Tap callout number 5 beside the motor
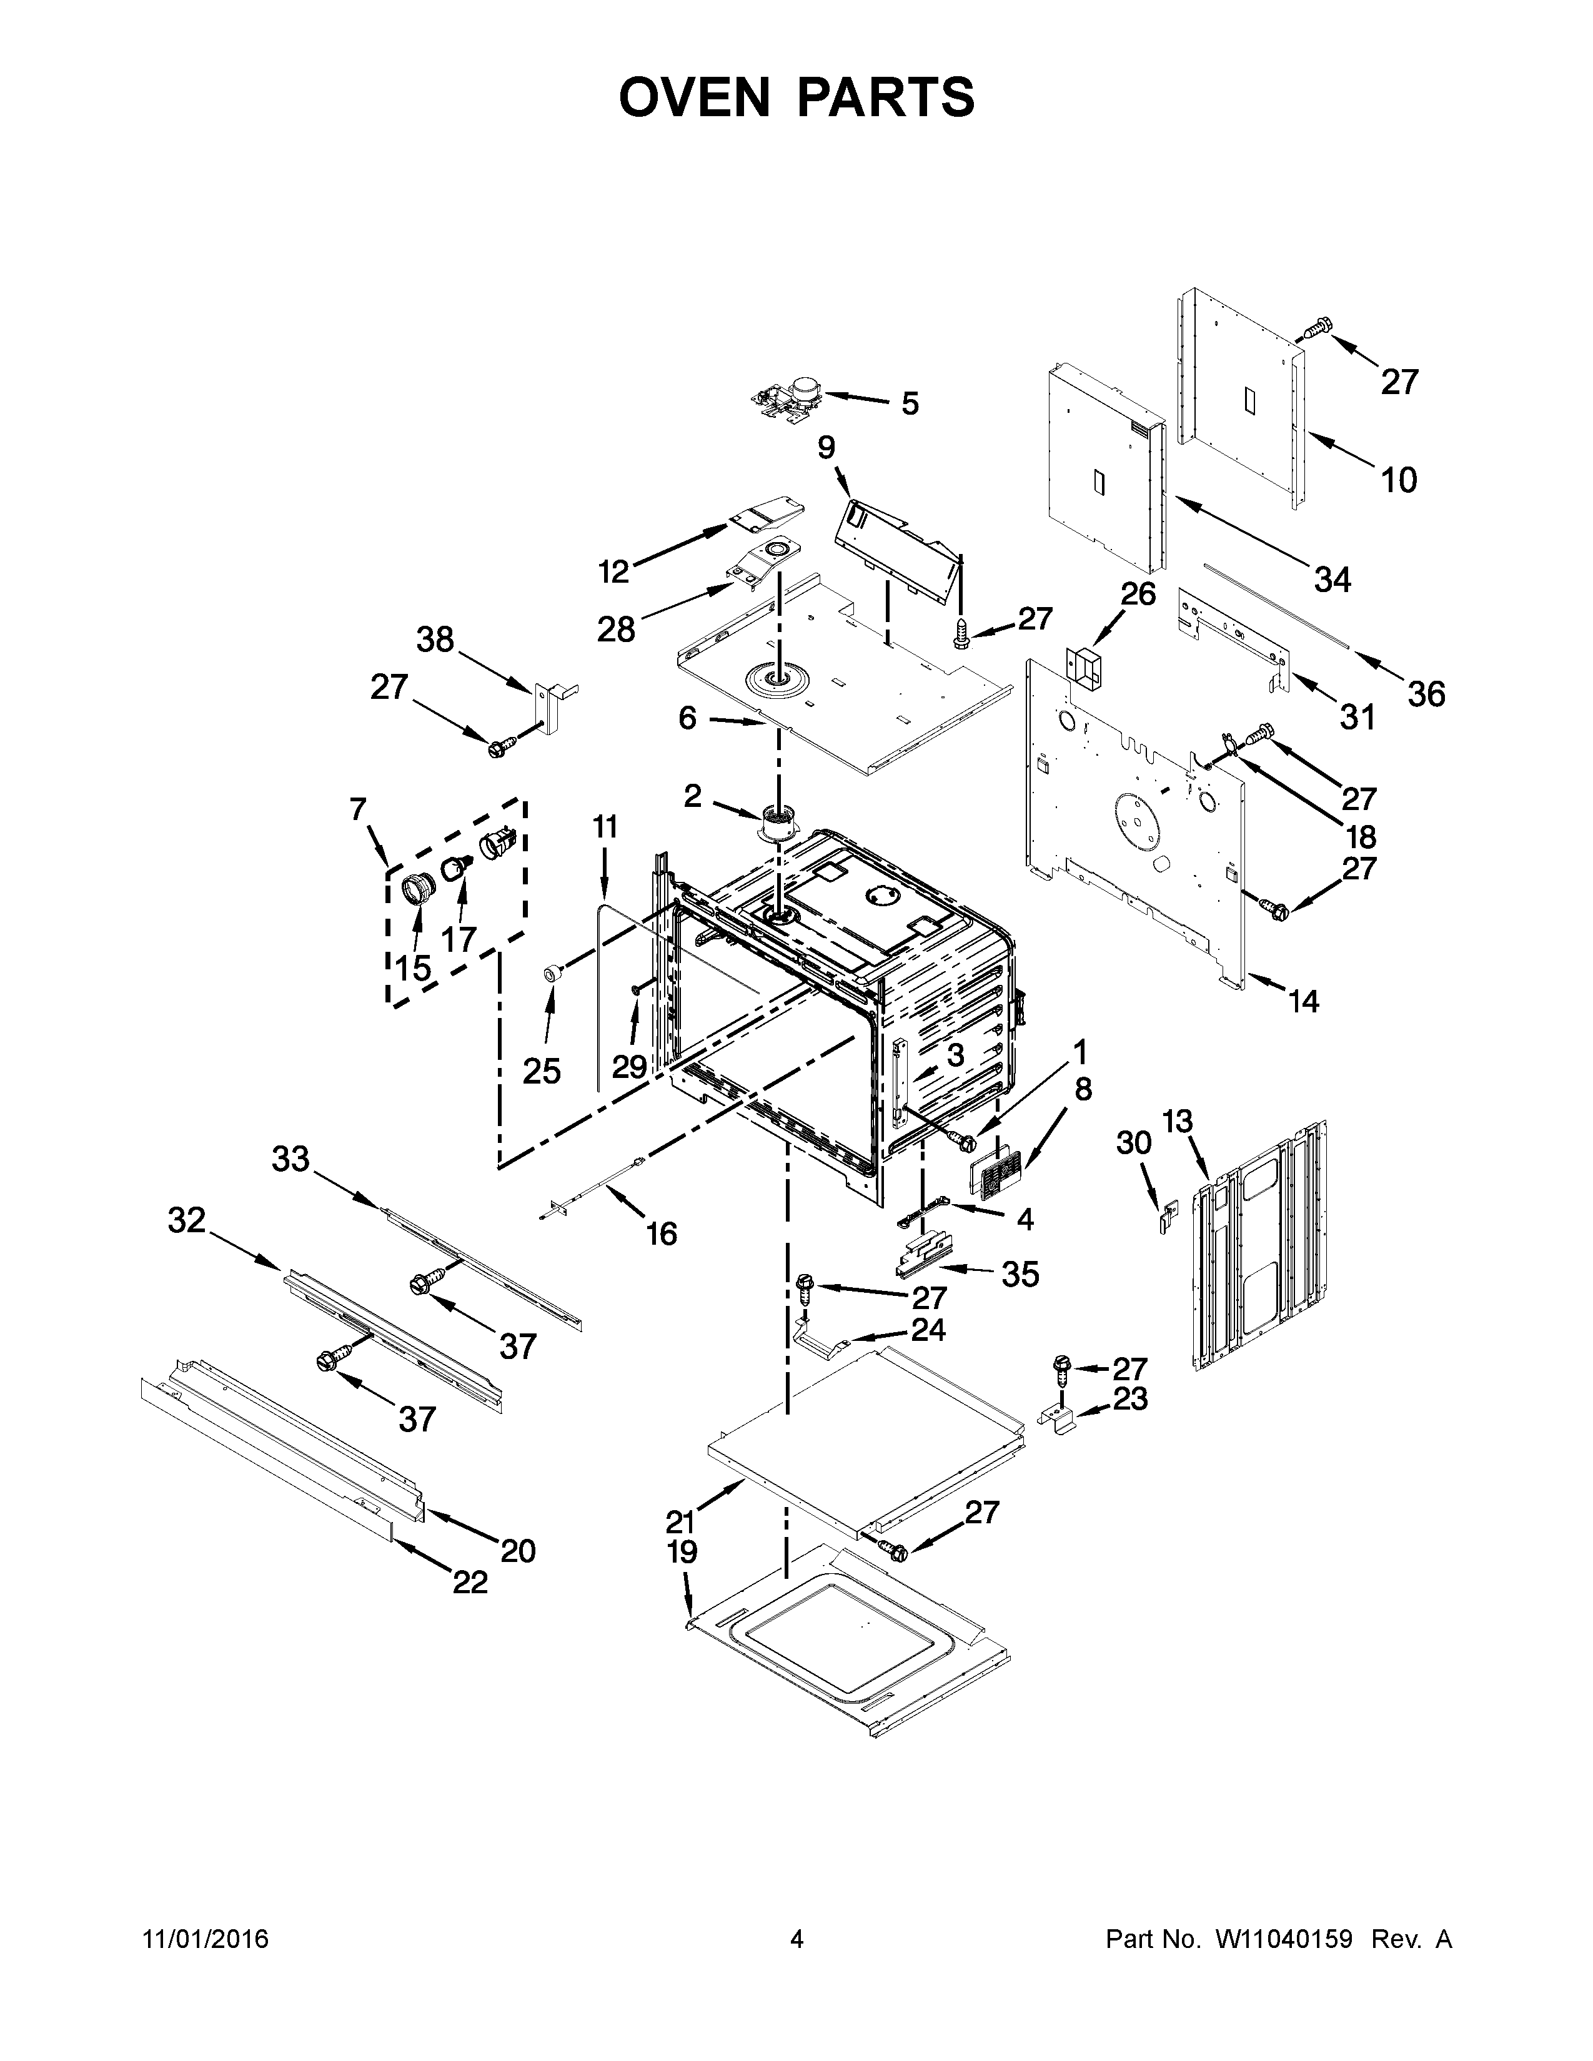pos(909,404)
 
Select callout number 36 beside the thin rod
pos(1426,694)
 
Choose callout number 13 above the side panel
pos(1178,1122)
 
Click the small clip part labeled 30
pos(1168,1217)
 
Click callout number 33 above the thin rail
pos(290,1159)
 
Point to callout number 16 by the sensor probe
pos(662,1232)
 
